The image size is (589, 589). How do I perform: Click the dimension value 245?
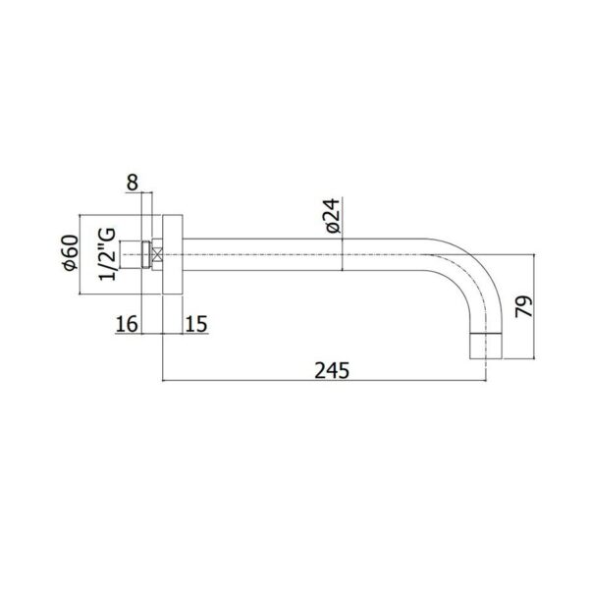[332, 370]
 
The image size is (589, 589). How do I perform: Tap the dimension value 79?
[523, 306]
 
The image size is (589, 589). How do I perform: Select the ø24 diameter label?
[333, 216]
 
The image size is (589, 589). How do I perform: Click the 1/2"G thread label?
[107, 254]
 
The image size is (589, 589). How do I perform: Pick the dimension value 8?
[133, 183]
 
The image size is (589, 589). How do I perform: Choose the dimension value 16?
[127, 324]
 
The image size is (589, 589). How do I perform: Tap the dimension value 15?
[196, 324]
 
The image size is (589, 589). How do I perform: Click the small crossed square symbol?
[157, 254]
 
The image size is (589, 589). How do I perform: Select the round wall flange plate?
[173, 254]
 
